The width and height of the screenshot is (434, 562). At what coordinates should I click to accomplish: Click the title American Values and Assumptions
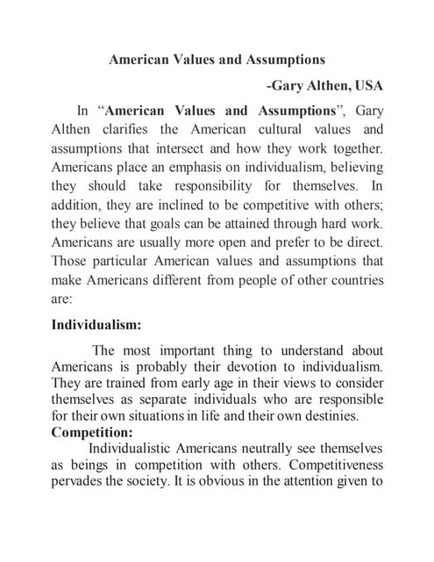(217, 60)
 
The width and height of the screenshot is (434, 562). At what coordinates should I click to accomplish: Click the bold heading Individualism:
(96, 325)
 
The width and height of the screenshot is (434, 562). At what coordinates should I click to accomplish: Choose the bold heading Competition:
(92, 433)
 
